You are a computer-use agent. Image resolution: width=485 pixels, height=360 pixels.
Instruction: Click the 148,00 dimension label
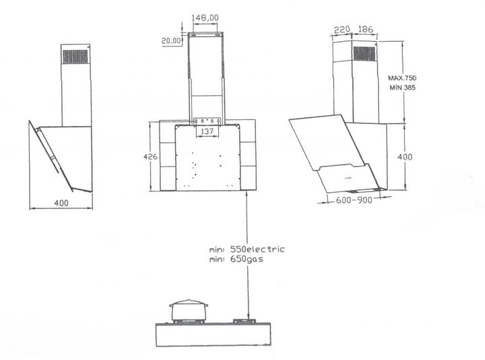click(205, 18)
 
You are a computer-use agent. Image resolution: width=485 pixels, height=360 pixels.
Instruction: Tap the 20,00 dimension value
click(171, 40)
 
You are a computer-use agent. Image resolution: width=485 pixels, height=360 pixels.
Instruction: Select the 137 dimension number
click(207, 131)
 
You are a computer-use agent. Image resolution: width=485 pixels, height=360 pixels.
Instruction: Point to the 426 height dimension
click(150, 156)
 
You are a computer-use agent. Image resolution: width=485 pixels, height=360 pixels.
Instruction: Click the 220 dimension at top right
click(342, 30)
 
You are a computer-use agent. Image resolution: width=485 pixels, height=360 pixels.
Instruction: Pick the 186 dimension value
click(365, 30)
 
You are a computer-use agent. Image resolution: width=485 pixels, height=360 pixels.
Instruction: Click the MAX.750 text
click(402, 78)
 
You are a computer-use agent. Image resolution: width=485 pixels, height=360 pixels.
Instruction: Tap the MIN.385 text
click(402, 88)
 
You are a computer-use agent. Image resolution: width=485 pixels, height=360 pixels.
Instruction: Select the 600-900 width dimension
click(354, 200)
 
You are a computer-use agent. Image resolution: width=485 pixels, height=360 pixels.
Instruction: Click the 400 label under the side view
click(61, 203)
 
